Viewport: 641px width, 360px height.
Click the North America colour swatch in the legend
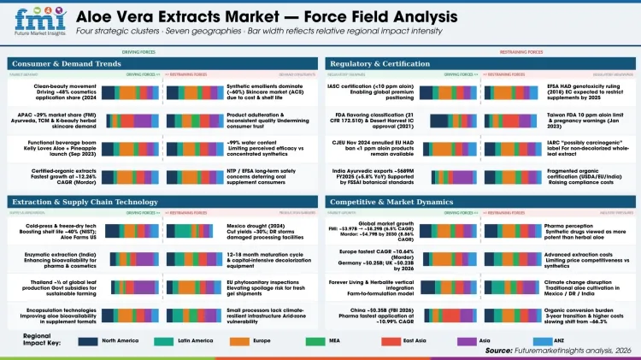coord(86,339)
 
